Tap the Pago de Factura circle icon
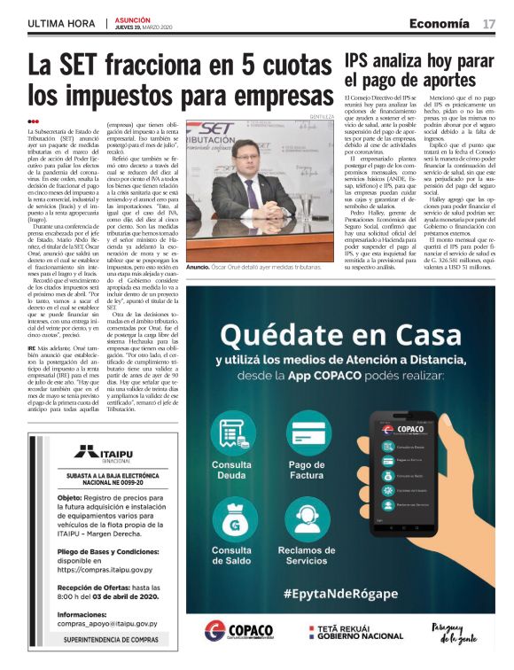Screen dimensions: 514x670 tap(307, 432)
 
